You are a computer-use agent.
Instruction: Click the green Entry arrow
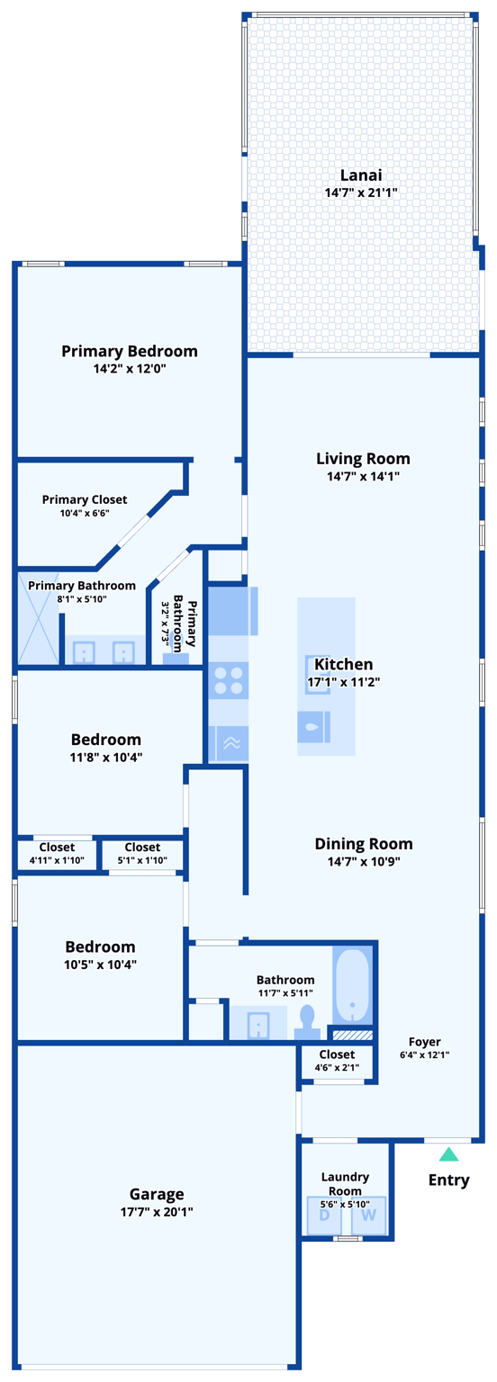(448, 1154)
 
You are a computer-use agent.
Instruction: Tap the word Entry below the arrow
(448, 1180)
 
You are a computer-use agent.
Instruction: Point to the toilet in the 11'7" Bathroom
(307, 1021)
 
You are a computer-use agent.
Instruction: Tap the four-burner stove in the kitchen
(229, 680)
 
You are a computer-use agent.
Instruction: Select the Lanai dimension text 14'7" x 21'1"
(361, 193)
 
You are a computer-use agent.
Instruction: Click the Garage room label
(157, 1194)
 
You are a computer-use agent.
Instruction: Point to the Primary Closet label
(85, 499)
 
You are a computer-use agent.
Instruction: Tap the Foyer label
(425, 1042)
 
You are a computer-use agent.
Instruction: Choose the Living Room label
(363, 459)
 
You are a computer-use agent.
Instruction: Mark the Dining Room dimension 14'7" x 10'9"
(363, 861)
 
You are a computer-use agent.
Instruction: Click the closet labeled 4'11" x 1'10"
(57, 853)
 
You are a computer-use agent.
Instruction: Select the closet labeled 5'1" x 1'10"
(142, 853)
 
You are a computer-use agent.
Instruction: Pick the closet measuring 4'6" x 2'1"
(337, 1060)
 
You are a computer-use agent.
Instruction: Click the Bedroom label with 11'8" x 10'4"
(106, 740)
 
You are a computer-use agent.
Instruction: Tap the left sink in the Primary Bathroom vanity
(84, 652)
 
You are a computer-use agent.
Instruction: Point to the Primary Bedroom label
(130, 351)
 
